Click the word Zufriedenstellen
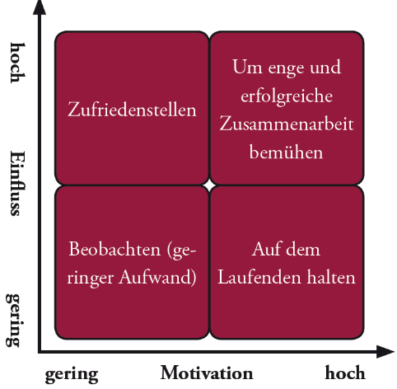[x=132, y=110]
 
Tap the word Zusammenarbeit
[x=287, y=124]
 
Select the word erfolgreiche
[x=287, y=96]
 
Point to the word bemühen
[x=286, y=152]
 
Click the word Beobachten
[x=114, y=249]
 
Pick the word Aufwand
[x=157, y=277]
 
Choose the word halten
[x=331, y=277]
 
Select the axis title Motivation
[x=207, y=373]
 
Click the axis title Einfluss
[x=18, y=183]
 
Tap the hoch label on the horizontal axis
[x=345, y=373]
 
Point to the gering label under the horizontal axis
[x=72, y=375]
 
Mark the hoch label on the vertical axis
[x=18, y=63]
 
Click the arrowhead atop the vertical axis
[x=40, y=8]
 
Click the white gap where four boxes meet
[x=209, y=185]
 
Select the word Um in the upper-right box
[x=247, y=67]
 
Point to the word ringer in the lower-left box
[x=91, y=279]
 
